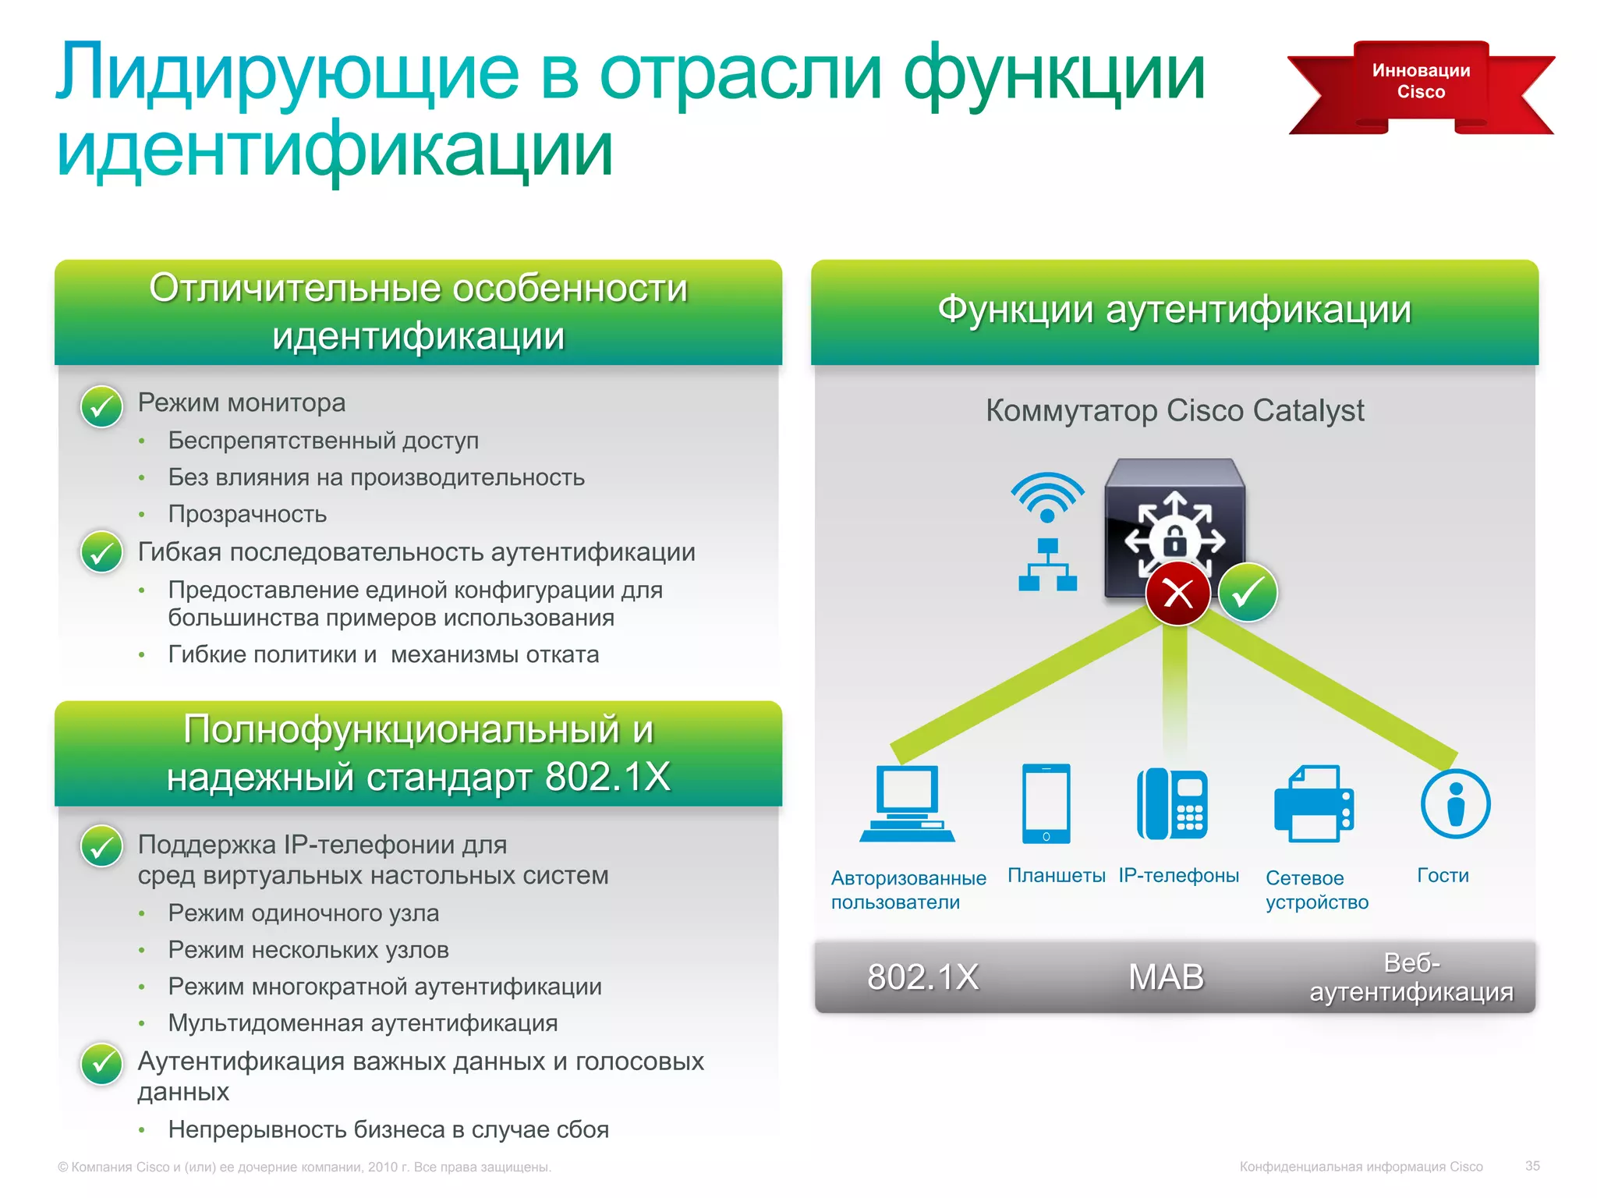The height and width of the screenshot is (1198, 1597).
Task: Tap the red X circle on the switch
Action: click(1177, 594)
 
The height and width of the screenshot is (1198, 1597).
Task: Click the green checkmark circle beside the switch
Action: click(1248, 593)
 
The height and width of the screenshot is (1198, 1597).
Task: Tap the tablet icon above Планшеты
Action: click(1046, 803)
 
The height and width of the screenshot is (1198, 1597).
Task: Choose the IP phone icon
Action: click(1172, 803)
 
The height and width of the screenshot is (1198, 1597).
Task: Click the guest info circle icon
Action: click(1455, 803)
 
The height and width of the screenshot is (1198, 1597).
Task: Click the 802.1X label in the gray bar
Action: click(922, 977)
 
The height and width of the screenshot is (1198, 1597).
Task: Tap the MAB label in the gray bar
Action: click(1166, 977)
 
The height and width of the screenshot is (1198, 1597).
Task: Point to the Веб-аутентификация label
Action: click(1411, 977)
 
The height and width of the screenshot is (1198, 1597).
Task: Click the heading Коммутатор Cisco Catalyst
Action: click(1174, 410)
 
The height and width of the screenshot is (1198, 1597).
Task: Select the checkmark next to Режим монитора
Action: click(101, 406)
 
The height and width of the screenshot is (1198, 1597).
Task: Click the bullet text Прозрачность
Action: click(247, 514)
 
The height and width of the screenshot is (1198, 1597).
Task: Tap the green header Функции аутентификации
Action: click(1174, 310)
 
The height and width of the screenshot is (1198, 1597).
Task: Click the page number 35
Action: click(1532, 1166)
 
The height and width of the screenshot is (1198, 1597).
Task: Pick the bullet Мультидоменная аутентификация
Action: click(363, 1023)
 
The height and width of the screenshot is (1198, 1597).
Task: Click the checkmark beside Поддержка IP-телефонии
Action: click(101, 846)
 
